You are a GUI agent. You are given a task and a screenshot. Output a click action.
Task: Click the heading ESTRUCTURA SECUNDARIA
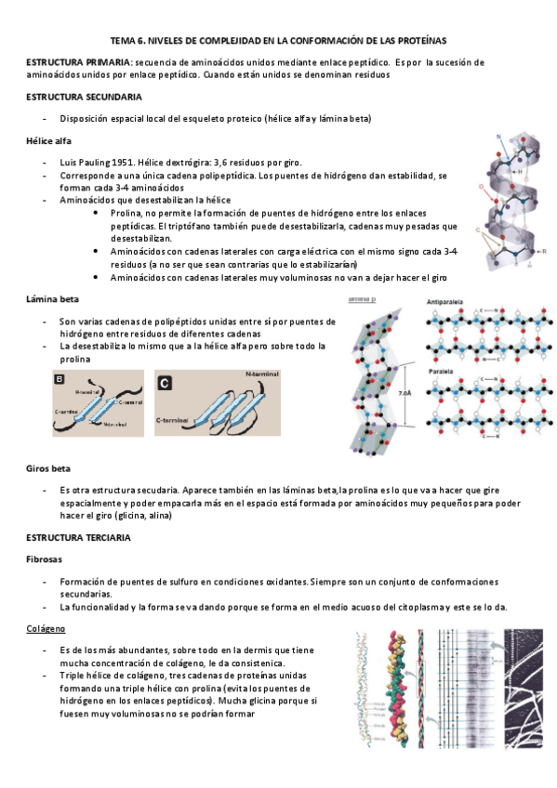pos(84,97)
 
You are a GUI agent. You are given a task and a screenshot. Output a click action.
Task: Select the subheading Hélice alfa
pos(48,140)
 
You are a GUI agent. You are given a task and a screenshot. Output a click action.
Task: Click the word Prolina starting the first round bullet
pos(127,212)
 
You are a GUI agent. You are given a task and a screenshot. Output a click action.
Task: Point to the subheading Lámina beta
pos(52,299)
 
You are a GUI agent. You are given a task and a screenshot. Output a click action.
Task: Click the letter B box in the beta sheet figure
pos(60,379)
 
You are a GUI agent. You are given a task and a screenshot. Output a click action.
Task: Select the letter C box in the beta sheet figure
pos(164,382)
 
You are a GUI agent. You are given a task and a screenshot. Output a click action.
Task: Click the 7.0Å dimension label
pos(405,393)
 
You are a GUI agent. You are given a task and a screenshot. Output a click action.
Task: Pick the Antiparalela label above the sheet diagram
pos(447,303)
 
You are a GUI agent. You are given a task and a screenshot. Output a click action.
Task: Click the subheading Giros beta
pos(48,468)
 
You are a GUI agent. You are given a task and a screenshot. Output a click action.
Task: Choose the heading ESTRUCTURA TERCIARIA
pos(78,538)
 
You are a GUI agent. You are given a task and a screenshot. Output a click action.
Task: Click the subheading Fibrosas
pos(46,559)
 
